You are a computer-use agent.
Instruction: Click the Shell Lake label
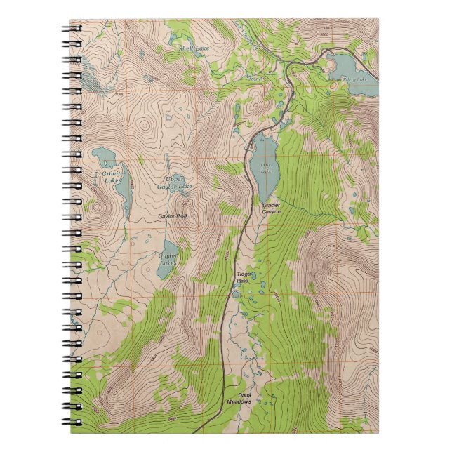pyautogui.click(x=194, y=48)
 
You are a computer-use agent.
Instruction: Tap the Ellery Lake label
pyautogui.click(x=354, y=79)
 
